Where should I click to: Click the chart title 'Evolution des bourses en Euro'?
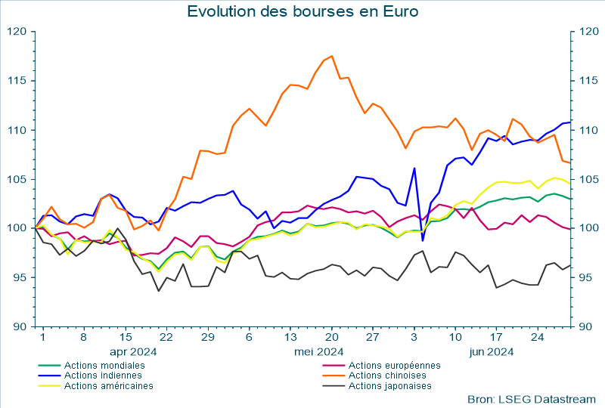tap(302, 12)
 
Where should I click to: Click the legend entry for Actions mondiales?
tap(104, 365)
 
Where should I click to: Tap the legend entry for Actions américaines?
tap(108, 385)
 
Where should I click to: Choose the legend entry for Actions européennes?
tap(394, 365)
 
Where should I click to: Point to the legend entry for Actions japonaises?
tap(389, 385)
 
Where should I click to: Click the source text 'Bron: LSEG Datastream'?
tap(532, 398)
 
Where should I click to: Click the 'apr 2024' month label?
tap(133, 351)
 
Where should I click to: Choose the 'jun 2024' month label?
tap(492, 351)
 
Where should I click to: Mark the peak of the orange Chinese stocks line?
tap(331, 56)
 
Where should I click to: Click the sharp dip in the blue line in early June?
tap(423, 240)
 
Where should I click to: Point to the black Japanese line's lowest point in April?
tap(159, 291)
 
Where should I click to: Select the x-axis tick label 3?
tap(414, 337)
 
